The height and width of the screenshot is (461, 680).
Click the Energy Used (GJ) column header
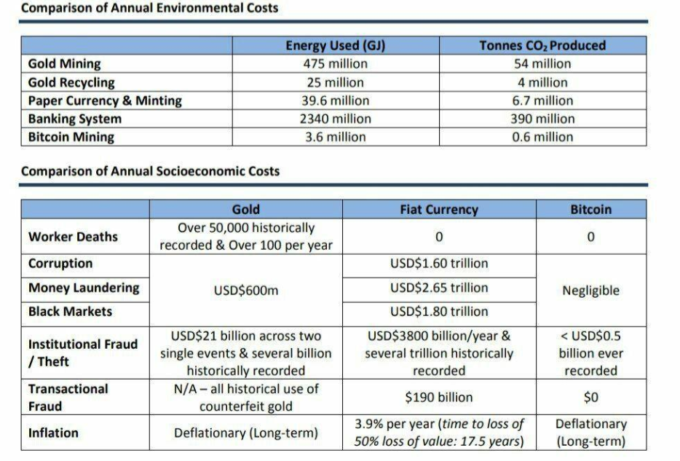(x=335, y=46)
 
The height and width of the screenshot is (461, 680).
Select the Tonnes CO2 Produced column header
(x=542, y=46)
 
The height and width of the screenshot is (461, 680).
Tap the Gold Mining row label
(x=65, y=64)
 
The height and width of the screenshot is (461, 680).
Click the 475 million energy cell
(x=335, y=64)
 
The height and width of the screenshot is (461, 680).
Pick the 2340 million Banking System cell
(x=335, y=119)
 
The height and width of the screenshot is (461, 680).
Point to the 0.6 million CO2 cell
(x=542, y=137)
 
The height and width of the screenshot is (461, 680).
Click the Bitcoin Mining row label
(x=71, y=137)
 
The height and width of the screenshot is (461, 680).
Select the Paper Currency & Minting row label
(x=105, y=101)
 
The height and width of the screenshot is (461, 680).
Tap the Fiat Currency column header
(x=439, y=210)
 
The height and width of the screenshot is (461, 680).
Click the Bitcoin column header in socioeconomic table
(x=590, y=210)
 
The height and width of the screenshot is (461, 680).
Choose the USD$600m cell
(x=245, y=291)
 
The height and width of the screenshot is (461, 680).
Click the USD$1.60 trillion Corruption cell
(x=439, y=264)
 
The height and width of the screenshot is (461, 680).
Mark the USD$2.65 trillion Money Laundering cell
(x=439, y=288)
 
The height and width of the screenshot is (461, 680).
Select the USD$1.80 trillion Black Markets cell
(x=439, y=312)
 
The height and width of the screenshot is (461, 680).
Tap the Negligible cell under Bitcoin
(x=590, y=291)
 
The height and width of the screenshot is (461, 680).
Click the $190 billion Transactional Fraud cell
(x=439, y=398)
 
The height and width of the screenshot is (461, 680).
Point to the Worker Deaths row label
(x=73, y=237)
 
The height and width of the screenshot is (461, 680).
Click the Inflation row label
(x=53, y=433)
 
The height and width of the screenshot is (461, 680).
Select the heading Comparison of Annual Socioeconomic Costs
(x=150, y=172)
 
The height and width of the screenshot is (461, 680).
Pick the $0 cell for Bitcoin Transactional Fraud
(x=590, y=398)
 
